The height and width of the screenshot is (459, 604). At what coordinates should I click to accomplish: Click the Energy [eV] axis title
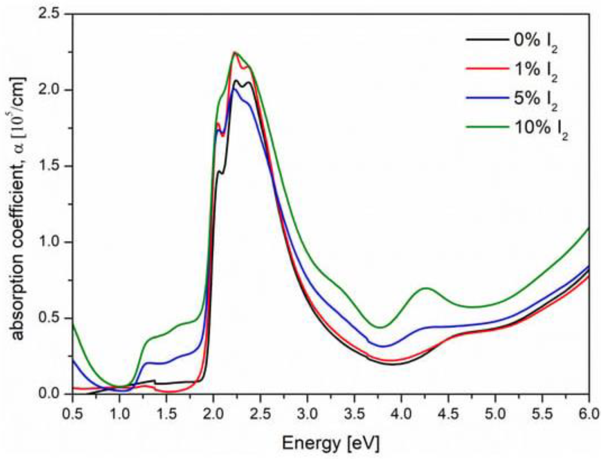coord(331,443)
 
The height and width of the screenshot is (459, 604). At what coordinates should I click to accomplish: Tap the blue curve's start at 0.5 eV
coord(73,360)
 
